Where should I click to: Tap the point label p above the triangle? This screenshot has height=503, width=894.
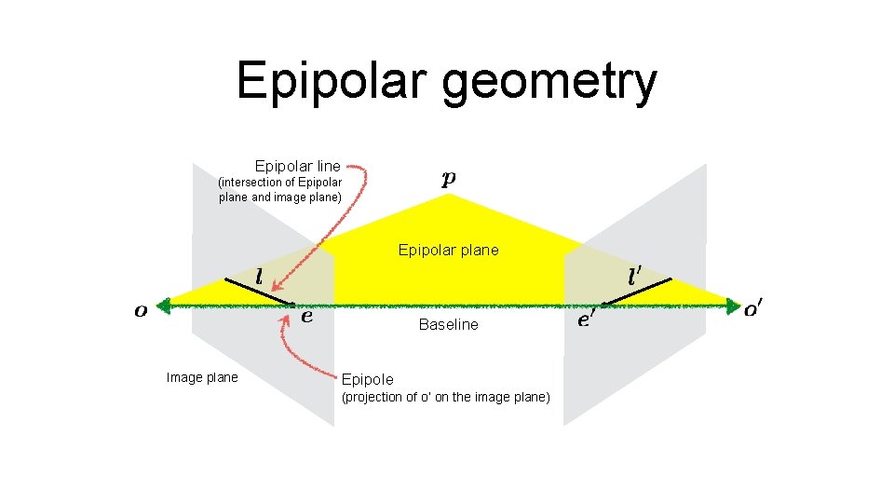[x=449, y=179]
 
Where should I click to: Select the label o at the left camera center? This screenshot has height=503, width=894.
[x=141, y=311]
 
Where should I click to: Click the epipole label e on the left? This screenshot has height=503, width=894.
[x=306, y=316]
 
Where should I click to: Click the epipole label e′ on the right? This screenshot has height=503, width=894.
[x=586, y=319]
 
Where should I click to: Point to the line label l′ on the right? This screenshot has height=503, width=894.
[x=634, y=277]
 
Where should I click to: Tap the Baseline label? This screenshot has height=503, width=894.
[x=448, y=325]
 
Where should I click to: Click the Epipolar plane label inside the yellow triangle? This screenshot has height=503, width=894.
[x=448, y=250]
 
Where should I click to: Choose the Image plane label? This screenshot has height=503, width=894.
[x=201, y=377]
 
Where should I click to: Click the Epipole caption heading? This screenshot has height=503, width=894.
[x=367, y=379]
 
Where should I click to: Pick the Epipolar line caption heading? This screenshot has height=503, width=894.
[x=297, y=166]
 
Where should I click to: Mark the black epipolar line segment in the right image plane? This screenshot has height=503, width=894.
[x=637, y=291]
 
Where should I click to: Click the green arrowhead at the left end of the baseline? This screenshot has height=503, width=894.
[x=165, y=305]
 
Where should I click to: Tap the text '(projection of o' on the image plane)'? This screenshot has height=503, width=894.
[x=446, y=398]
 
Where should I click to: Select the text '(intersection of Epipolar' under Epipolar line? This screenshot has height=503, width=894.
[x=279, y=183]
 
